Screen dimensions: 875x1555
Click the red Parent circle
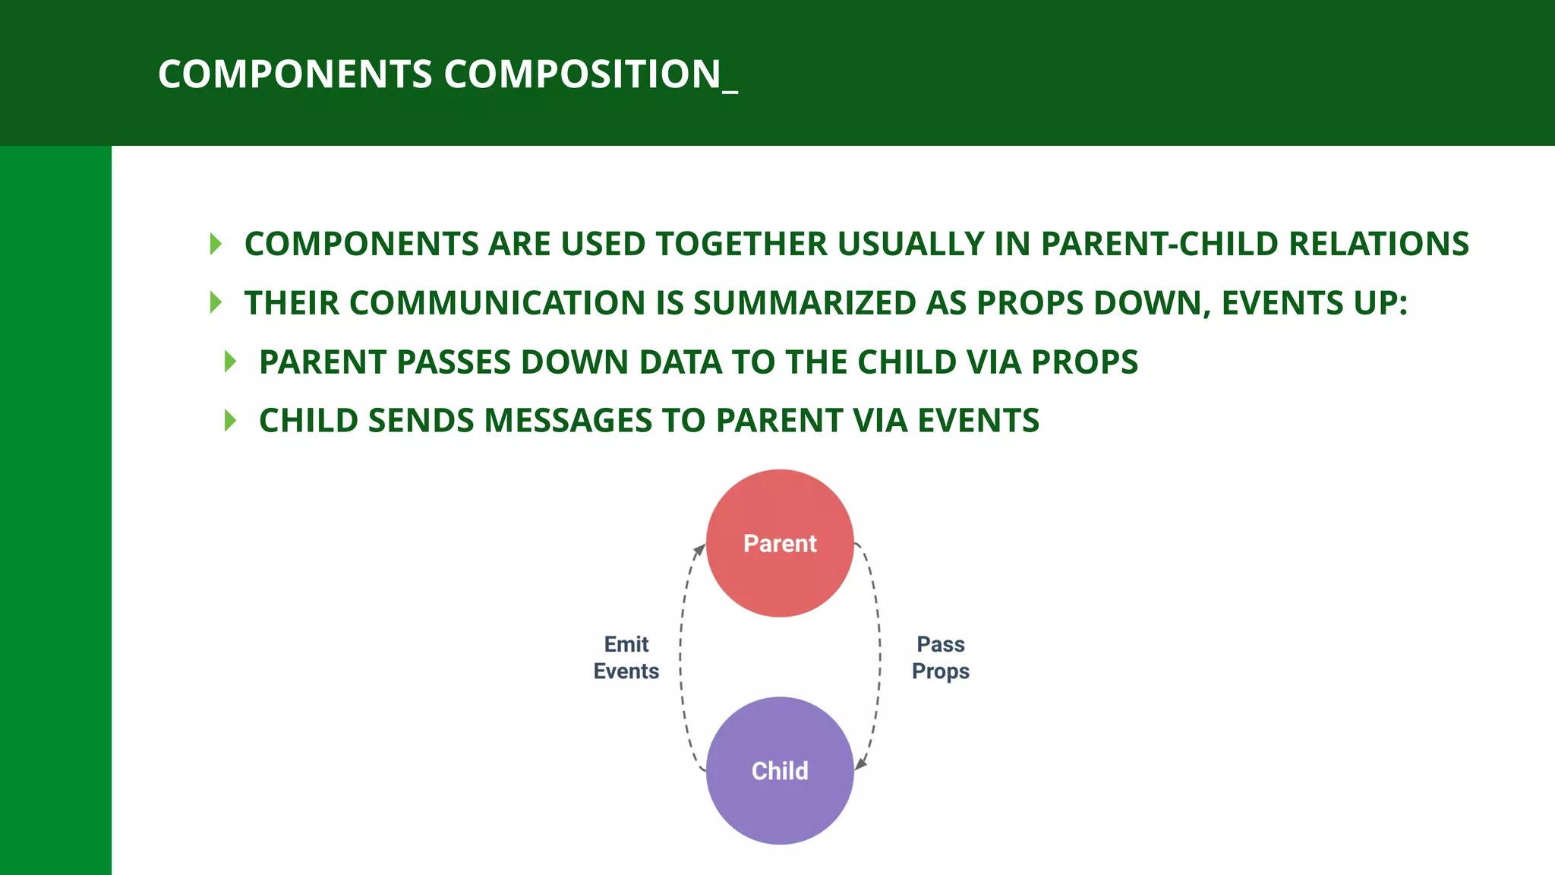click(780, 543)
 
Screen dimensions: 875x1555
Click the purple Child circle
click(780, 770)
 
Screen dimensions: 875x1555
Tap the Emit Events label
click(626, 658)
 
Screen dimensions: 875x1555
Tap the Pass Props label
click(941, 658)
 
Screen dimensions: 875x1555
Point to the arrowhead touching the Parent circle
click(700, 548)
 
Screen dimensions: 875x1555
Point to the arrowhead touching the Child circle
click(861, 764)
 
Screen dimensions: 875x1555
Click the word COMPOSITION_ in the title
click(590, 74)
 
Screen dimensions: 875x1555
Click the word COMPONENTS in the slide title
click(295, 74)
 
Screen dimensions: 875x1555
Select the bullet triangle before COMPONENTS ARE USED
click(216, 244)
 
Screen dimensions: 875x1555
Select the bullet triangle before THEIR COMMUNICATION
click(216, 302)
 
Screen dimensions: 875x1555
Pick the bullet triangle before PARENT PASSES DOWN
click(231, 362)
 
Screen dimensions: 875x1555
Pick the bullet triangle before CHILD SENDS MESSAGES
click(231, 420)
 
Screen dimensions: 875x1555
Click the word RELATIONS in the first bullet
click(1379, 244)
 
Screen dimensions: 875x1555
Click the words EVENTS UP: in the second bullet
click(1314, 303)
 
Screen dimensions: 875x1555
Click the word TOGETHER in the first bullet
click(742, 244)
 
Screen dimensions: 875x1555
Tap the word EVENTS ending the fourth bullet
click(978, 421)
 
